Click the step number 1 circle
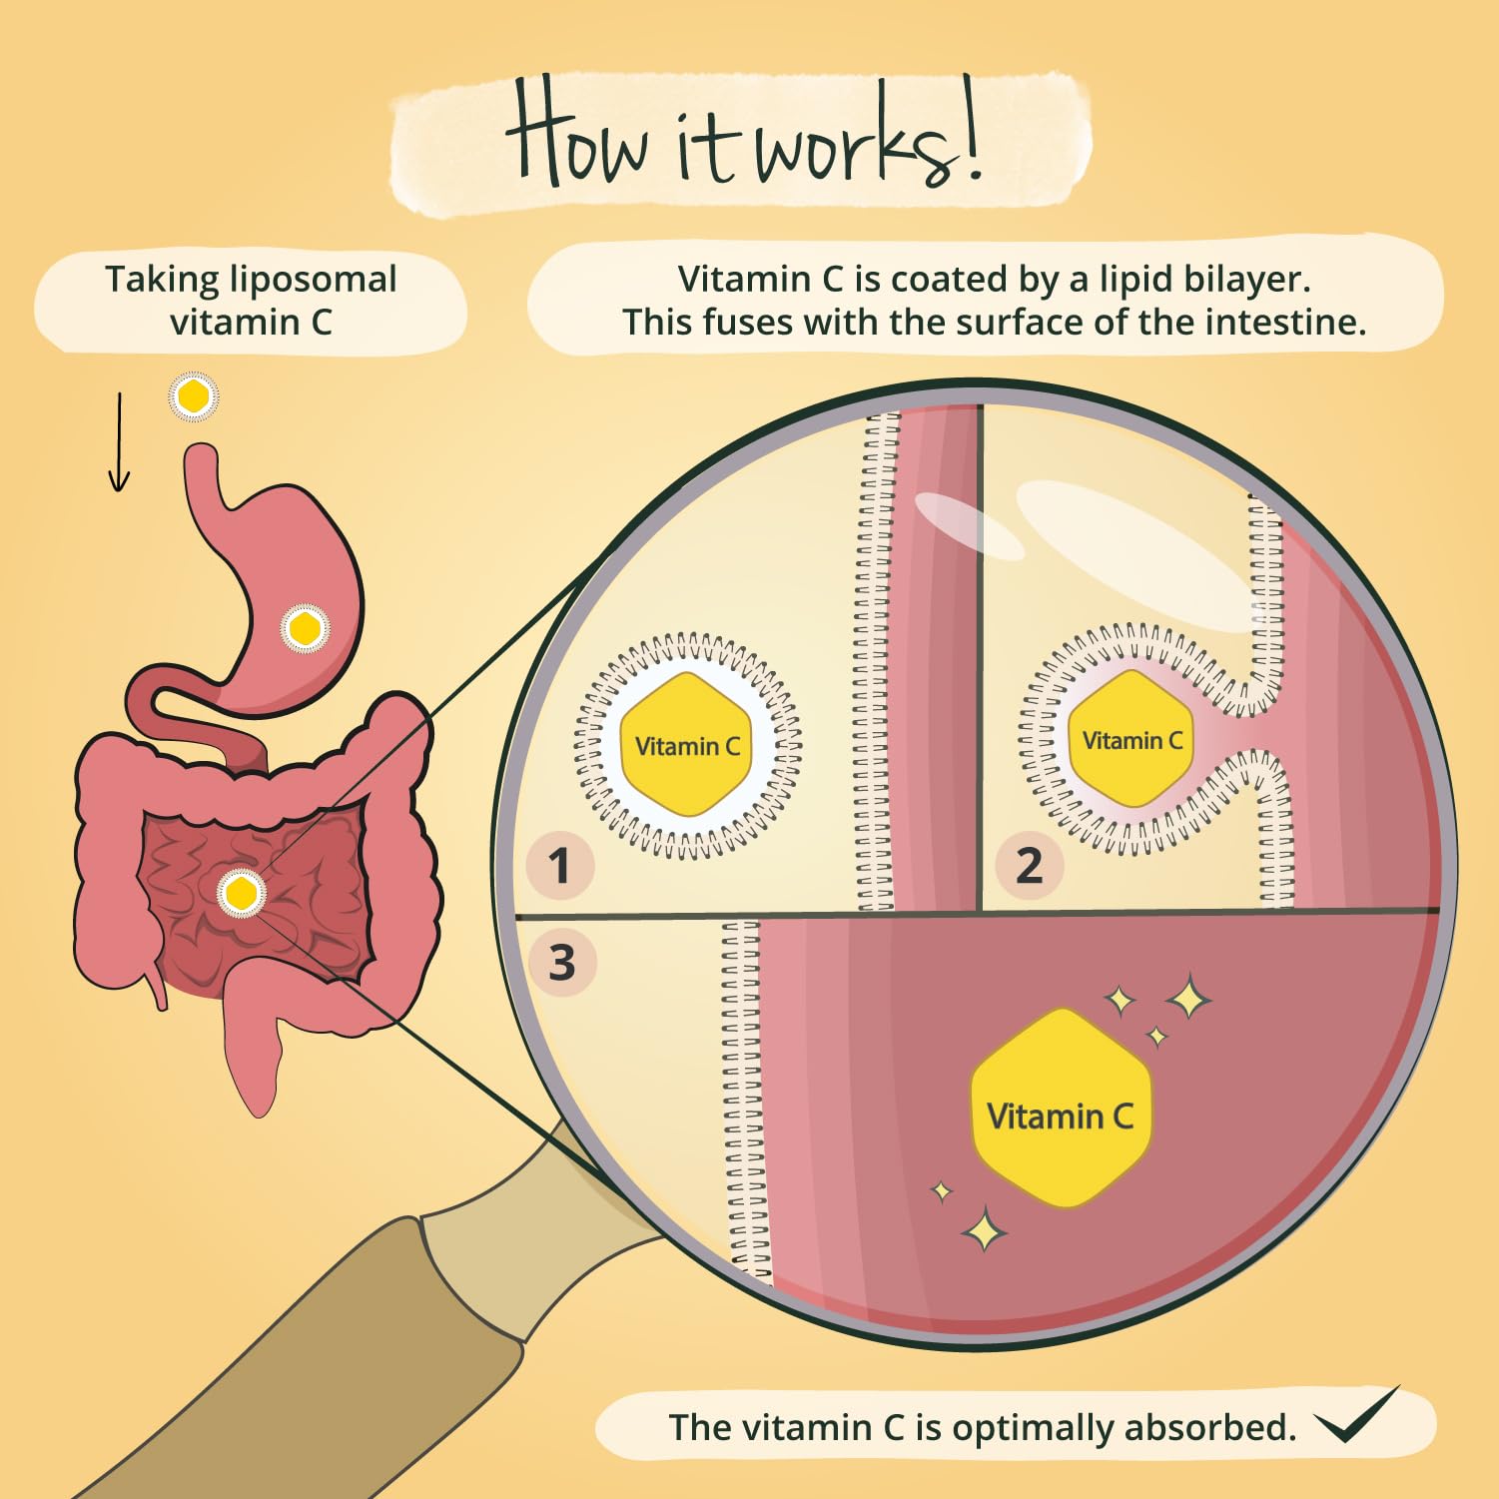point(559,865)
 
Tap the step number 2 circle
point(1029,865)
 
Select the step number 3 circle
point(561,963)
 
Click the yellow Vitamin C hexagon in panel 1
point(687,745)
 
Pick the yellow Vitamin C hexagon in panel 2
point(1131,740)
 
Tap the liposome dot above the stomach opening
point(193,396)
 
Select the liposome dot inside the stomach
point(304,628)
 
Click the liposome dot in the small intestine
point(241,891)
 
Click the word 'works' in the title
point(855,145)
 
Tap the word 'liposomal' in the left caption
point(313,280)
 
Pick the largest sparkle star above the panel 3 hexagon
point(1188,997)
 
